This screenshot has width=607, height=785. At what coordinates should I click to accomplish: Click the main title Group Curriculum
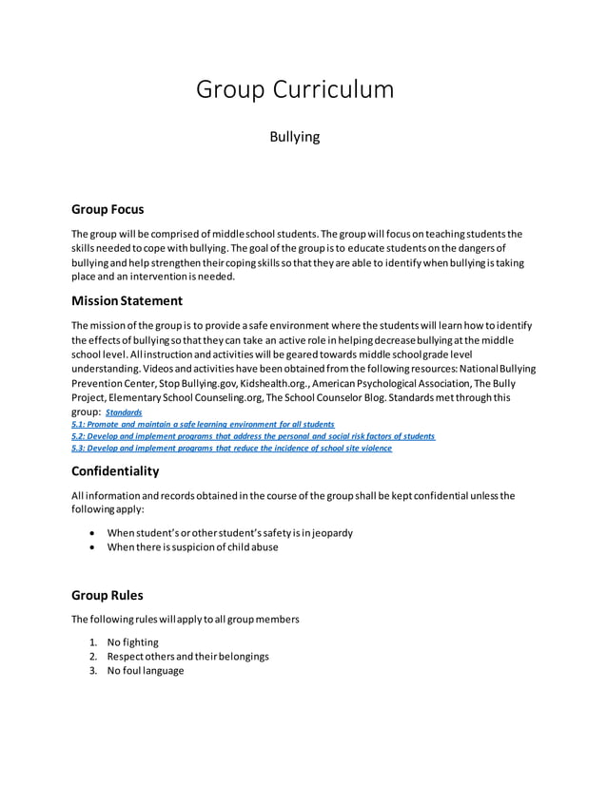[294, 90]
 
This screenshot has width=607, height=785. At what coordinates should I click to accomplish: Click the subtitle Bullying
[295, 138]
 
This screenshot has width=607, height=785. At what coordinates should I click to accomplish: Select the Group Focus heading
[108, 209]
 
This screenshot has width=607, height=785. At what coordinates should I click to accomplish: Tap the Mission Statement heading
[127, 300]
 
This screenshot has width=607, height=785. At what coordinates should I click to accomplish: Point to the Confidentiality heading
[115, 471]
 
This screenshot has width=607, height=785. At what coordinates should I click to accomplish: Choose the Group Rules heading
[108, 596]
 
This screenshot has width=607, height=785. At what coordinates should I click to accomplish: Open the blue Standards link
[124, 413]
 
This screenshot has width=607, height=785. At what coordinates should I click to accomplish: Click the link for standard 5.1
[203, 425]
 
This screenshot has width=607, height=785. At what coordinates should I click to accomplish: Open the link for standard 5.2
[253, 436]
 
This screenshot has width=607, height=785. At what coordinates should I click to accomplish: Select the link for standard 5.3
[231, 448]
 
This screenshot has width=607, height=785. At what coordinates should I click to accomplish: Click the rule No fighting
[133, 641]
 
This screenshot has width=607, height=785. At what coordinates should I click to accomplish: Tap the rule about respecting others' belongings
[188, 656]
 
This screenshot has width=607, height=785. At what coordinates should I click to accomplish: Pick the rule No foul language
[146, 670]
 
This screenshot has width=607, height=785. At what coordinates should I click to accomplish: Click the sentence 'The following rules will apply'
[186, 620]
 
